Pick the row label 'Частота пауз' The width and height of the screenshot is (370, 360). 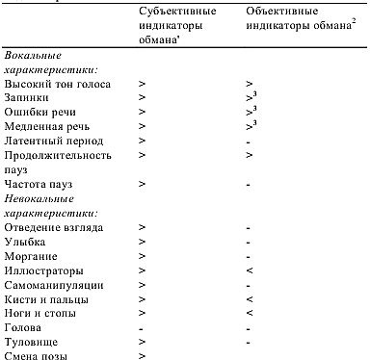40,183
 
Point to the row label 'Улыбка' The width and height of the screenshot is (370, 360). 26,243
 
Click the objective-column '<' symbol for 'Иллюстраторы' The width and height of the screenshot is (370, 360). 249,271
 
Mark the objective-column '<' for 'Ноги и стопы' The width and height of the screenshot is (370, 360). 249,313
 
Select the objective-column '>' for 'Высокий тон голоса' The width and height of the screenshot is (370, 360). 249,86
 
